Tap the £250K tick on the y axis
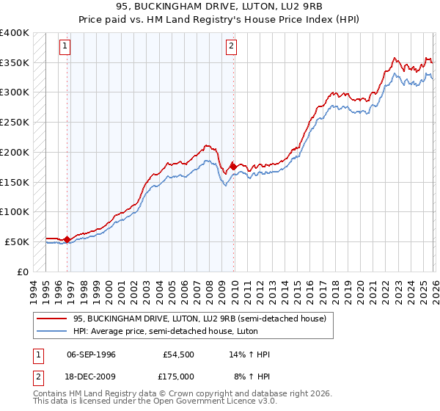(x=15, y=123)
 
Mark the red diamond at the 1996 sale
(x=67, y=239)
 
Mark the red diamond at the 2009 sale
(x=234, y=167)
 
